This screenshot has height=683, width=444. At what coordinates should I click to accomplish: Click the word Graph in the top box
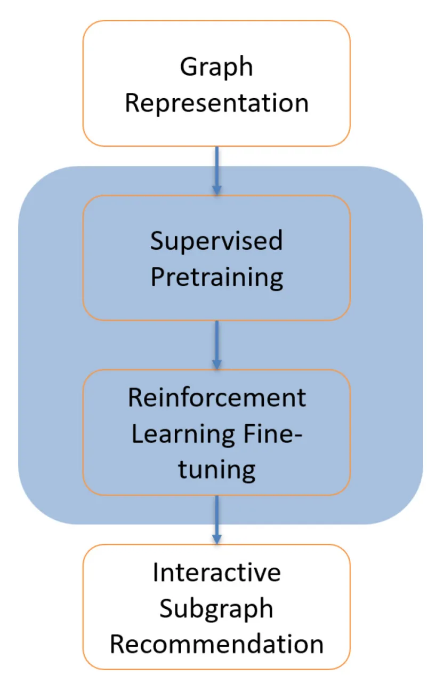(x=216, y=67)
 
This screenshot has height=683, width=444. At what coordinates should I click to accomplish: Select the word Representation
(x=216, y=103)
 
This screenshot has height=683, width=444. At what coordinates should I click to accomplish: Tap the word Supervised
(x=216, y=241)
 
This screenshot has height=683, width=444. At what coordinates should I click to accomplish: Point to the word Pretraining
(x=216, y=277)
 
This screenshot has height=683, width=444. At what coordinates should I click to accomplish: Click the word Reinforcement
(x=216, y=398)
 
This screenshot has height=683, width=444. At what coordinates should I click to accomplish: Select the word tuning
(x=216, y=470)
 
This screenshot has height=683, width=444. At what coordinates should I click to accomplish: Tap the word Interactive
(x=216, y=573)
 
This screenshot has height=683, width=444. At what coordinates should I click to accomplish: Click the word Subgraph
(x=216, y=608)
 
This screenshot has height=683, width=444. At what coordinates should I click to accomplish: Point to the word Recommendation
(x=216, y=644)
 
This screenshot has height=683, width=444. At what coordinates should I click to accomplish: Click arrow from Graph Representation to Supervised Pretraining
(x=216, y=168)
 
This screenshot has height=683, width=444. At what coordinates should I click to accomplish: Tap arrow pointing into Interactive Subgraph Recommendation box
(x=216, y=518)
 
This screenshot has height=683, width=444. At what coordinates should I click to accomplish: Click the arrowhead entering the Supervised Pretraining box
(x=216, y=189)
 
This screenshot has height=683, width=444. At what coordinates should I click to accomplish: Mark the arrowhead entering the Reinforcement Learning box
(x=216, y=364)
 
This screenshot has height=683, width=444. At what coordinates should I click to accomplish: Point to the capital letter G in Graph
(x=187, y=67)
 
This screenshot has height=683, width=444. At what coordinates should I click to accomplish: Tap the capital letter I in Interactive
(x=156, y=573)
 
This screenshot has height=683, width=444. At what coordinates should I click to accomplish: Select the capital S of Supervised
(x=157, y=241)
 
